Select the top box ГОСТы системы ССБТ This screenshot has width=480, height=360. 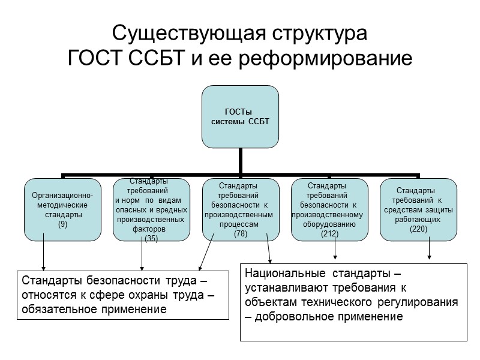pyautogui.click(x=240, y=116)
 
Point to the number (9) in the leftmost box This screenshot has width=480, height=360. pyautogui.click(x=62, y=224)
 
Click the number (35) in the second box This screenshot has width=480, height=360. pyautogui.click(x=151, y=238)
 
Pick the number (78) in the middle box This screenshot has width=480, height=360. pyautogui.click(x=239, y=234)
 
